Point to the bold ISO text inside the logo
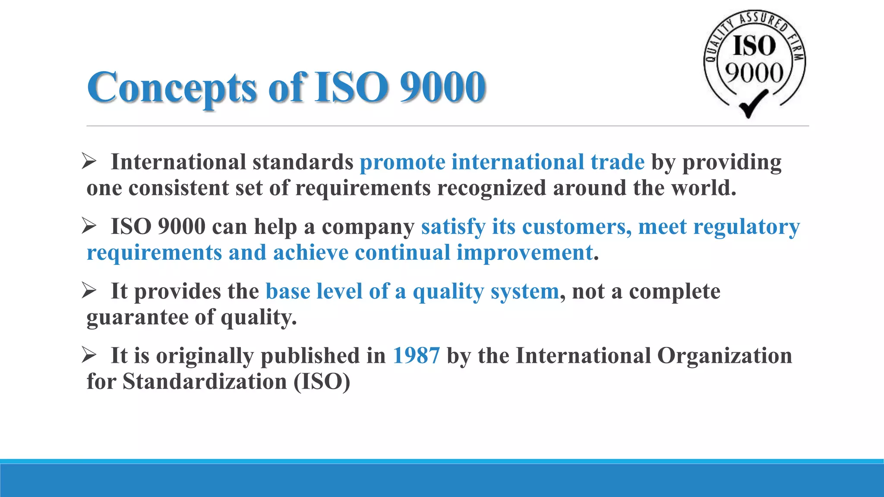click(x=754, y=46)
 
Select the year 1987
click(x=416, y=356)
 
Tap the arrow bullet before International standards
click(x=89, y=162)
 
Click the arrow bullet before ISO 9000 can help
click(x=89, y=226)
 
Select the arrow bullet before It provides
click(x=89, y=291)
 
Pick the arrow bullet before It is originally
click(x=89, y=355)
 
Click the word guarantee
click(x=137, y=318)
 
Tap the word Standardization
click(x=205, y=382)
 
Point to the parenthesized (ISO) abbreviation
click(x=322, y=382)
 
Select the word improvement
click(x=524, y=253)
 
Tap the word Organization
click(x=724, y=356)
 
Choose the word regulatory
click(x=746, y=227)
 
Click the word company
click(x=368, y=227)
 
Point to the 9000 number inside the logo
click(x=754, y=72)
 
